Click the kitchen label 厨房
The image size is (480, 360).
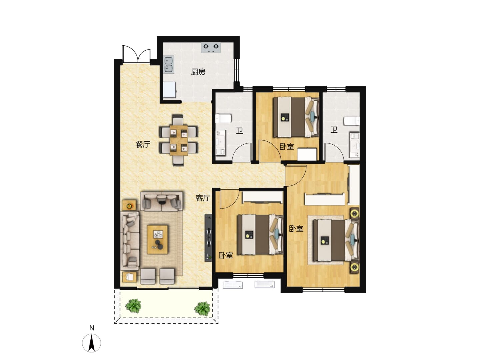coord(198,72)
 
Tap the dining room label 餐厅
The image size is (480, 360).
coord(143,144)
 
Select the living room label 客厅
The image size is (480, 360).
coord(203,198)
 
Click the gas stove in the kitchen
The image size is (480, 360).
coord(211,47)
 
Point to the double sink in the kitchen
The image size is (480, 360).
coord(169,65)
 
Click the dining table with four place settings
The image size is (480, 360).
coord(179,140)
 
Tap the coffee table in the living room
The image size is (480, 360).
coord(157,240)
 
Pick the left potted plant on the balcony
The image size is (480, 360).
coord(133,306)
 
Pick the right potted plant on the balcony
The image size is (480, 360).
coord(202,308)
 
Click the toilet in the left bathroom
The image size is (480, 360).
coord(223,118)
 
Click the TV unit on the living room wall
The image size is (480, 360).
coord(208,238)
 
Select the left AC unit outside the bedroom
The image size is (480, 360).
coord(233,285)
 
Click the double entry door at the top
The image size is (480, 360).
coord(136,54)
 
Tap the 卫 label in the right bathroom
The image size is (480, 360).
coord(334,130)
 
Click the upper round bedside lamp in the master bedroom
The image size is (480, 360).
coord(354,213)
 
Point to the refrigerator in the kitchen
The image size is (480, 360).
coord(169,90)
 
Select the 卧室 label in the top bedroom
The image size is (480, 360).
coord(287,146)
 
